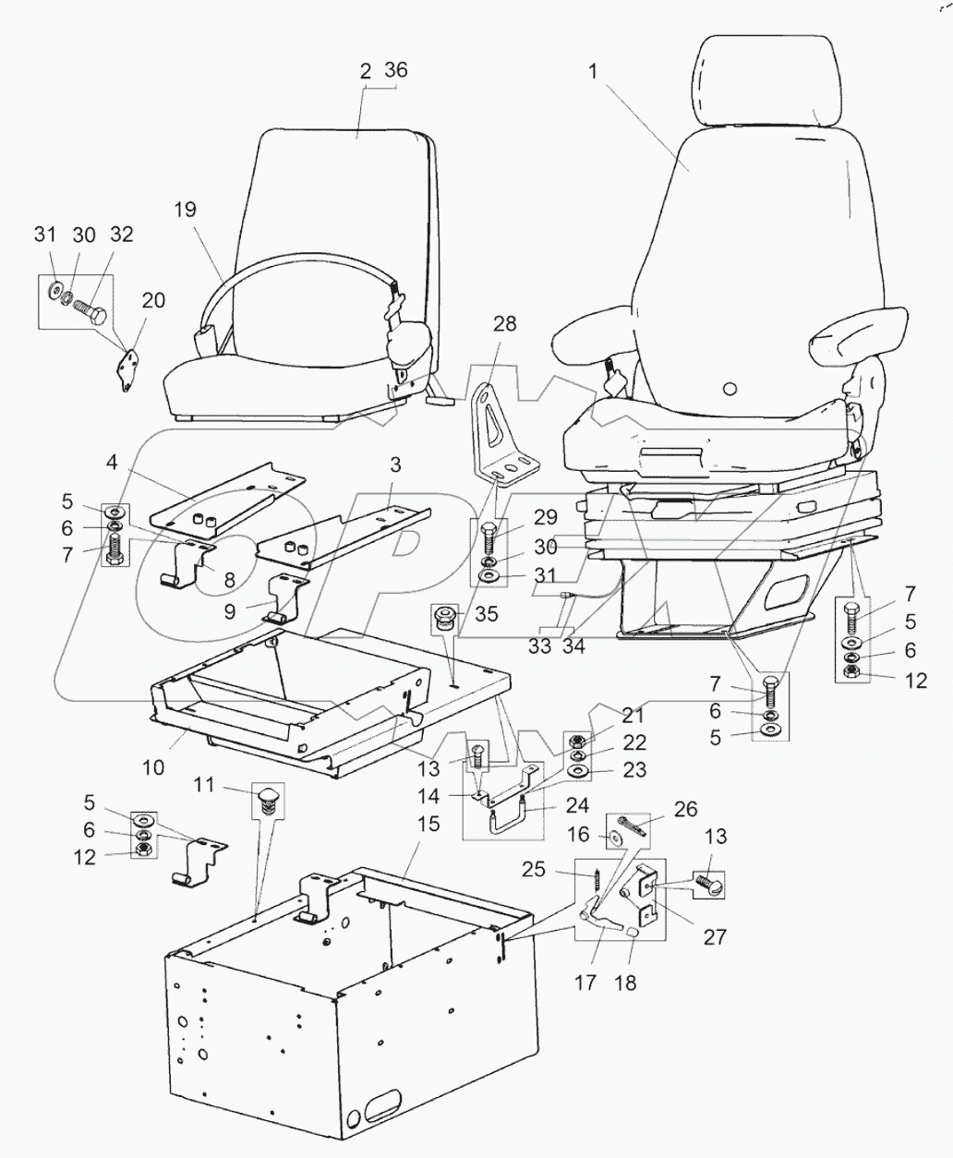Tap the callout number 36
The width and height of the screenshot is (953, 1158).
395,71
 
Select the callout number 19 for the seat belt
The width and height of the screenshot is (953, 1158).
185,210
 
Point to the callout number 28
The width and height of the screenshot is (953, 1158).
504,324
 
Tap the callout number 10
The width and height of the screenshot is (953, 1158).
153,766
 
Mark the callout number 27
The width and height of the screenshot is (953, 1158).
714,936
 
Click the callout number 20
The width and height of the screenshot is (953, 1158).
153,299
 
